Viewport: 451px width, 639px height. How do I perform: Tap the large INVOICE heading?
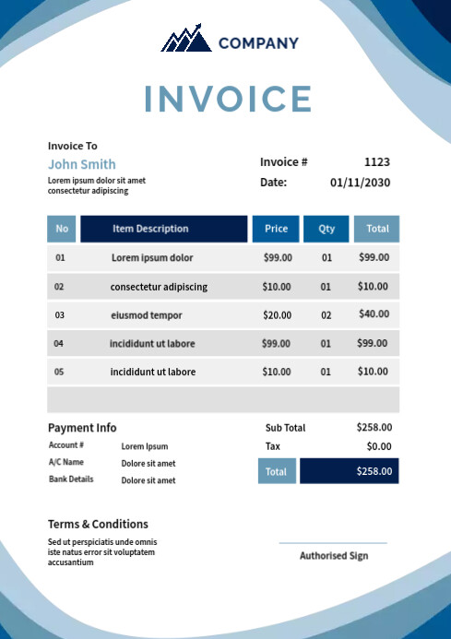click(x=228, y=100)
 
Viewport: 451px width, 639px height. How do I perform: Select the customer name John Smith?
click(x=82, y=164)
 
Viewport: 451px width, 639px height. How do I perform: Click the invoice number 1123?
click(x=377, y=161)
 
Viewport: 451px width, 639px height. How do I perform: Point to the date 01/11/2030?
click(x=360, y=182)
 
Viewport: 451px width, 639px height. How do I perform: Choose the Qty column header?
click(x=326, y=229)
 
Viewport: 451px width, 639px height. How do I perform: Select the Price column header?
click(x=276, y=229)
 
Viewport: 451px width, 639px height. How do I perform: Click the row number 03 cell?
click(x=60, y=315)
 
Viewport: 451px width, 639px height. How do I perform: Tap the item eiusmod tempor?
click(x=147, y=315)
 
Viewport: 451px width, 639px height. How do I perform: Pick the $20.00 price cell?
click(x=277, y=315)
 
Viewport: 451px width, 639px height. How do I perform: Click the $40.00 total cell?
click(x=374, y=314)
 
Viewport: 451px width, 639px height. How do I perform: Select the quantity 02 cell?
click(x=326, y=315)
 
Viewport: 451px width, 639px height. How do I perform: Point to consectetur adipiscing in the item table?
click(x=159, y=287)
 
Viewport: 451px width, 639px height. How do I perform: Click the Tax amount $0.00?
click(x=379, y=446)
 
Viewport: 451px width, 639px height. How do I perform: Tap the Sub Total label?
click(x=285, y=428)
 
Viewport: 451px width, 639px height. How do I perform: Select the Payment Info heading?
click(x=82, y=428)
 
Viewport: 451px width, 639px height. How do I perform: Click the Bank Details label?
click(x=71, y=479)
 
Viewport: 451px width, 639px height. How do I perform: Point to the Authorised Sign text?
click(x=333, y=556)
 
